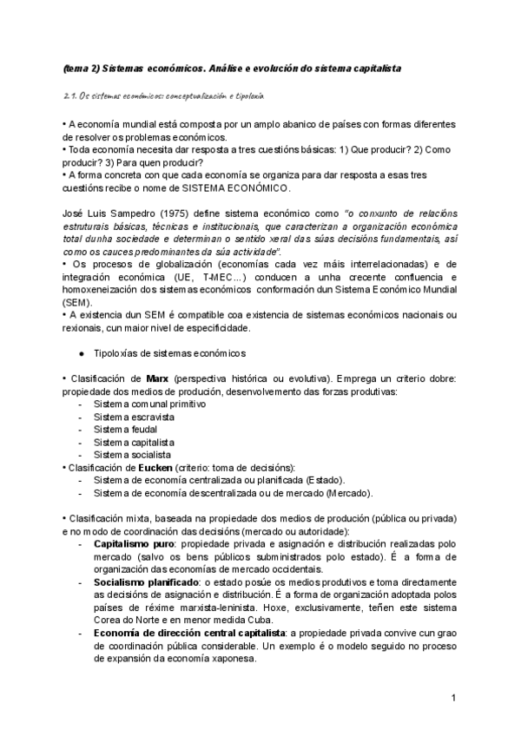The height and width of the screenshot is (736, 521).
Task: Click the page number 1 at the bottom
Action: pyautogui.click(x=453, y=697)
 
